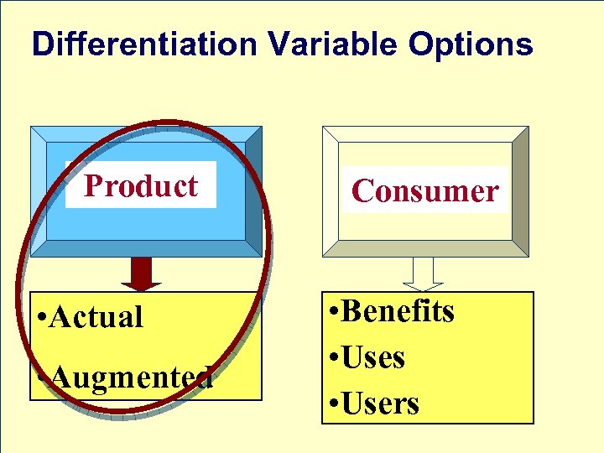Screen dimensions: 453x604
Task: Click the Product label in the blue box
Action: [141, 185]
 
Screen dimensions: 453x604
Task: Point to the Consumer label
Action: [425, 191]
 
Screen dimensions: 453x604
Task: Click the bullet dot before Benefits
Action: [334, 313]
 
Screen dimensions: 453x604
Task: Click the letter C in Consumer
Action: [362, 191]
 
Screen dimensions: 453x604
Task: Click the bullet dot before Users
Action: [334, 405]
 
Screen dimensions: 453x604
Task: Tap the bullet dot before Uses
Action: [334, 359]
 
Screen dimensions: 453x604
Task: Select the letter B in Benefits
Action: [353, 311]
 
